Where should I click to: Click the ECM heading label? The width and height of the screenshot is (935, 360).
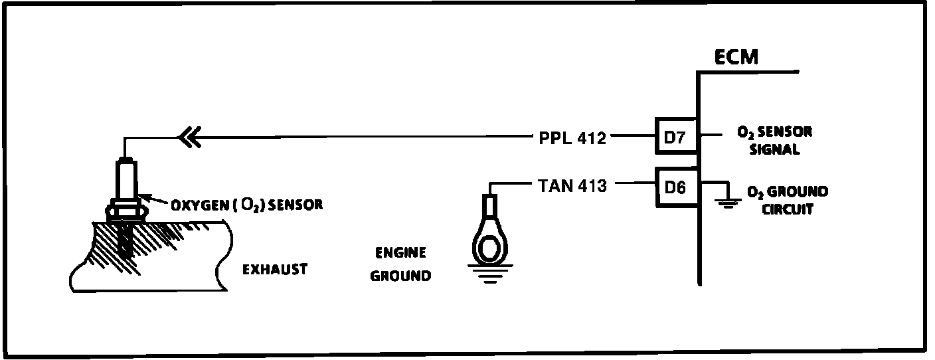coord(736,57)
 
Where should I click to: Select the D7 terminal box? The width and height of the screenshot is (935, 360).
coord(675,137)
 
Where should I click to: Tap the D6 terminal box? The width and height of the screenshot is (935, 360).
coord(675,186)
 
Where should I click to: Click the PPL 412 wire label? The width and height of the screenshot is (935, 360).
coord(572,139)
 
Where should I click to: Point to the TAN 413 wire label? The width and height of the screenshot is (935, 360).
coord(572,187)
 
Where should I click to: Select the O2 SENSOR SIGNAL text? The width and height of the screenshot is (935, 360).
coord(774,140)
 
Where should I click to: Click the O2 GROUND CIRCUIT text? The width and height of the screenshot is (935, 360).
coord(787,201)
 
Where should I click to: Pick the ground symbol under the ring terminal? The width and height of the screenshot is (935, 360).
coord(489,274)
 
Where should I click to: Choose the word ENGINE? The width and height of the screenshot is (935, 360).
coord(400,253)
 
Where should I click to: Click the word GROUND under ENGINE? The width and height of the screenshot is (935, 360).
coord(400,275)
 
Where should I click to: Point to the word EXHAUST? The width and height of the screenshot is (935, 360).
coord(274,269)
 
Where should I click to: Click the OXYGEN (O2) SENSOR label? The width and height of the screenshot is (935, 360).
coord(247,205)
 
